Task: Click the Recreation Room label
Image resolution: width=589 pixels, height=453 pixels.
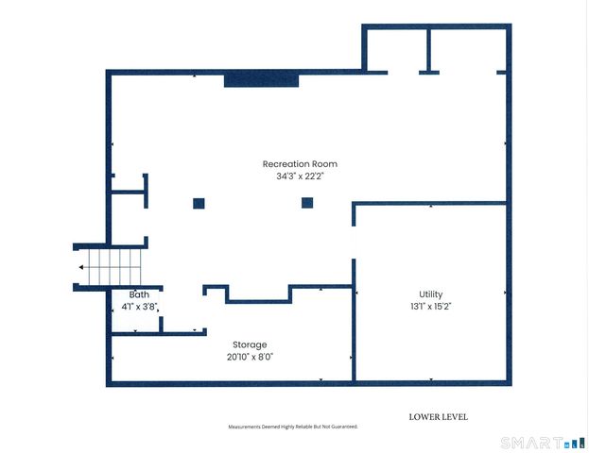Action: coord(300,164)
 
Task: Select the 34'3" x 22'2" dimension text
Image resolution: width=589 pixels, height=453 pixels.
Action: coord(300,176)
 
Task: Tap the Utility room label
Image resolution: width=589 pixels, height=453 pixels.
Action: coord(431,294)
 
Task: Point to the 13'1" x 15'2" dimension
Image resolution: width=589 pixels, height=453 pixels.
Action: coord(430,307)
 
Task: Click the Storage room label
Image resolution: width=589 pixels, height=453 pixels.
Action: coord(250,345)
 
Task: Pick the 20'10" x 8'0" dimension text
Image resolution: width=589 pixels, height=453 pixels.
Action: coord(250,357)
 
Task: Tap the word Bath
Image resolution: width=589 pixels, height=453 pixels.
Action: coord(139,294)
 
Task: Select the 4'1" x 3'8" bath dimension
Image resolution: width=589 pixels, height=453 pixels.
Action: coord(139,307)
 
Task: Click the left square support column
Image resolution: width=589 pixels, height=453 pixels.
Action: coord(199,204)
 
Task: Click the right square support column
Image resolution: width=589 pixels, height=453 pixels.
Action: coord(307,203)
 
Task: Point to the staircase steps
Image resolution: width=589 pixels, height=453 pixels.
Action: coord(114,267)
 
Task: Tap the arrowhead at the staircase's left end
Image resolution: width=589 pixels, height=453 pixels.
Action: coord(80,267)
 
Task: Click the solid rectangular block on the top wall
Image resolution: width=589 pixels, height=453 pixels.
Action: coord(262,80)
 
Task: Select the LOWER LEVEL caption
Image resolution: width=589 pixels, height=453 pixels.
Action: coord(439,417)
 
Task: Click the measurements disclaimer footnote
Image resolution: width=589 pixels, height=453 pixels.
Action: coord(293,427)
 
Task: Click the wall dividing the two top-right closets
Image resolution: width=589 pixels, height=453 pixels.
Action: coord(428,50)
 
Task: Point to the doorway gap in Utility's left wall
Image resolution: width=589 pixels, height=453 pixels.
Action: coord(354,243)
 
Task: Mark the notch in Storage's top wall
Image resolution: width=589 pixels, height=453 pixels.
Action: coord(259,294)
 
